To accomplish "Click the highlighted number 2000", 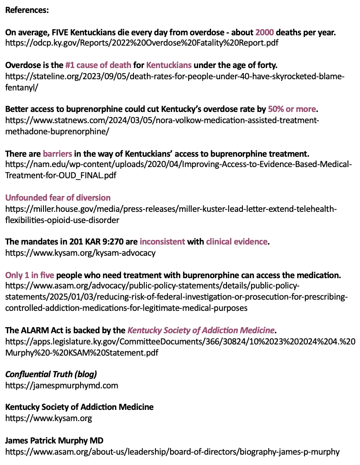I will (x=264, y=32).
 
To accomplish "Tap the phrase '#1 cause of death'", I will (x=98, y=65).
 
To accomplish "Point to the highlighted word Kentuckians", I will (x=169, y=65).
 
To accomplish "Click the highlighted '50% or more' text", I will (x=292, y=109).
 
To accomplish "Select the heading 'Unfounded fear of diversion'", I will (x=58, y=198).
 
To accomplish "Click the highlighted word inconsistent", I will (x=162, y=242).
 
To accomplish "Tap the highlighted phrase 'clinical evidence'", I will (x=237, y=242).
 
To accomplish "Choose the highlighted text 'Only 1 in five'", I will (x=30, y=275).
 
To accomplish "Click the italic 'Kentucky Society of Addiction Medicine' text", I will (x=201, y=330).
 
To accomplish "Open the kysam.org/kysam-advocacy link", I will (x=80, y=253).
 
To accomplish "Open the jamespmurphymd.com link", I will (x=62, y=385).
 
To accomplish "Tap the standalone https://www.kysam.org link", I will (x=49, y=418).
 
